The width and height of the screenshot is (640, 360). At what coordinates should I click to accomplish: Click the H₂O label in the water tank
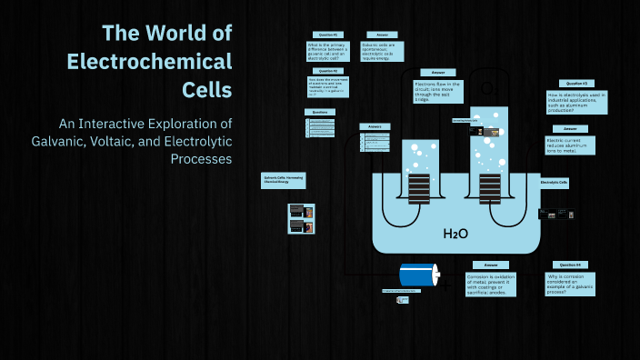coord(455,234)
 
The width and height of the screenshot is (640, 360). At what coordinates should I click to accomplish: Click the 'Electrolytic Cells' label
coord(554,183)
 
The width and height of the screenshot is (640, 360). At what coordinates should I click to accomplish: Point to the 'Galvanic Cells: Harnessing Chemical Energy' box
coord(283,180)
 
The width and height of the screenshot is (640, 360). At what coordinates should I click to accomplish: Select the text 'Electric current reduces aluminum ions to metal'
coord(570,145)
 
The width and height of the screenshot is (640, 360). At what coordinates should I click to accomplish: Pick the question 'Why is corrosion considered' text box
coord(570,283)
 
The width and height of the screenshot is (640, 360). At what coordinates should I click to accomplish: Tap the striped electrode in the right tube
coord(490,188)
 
